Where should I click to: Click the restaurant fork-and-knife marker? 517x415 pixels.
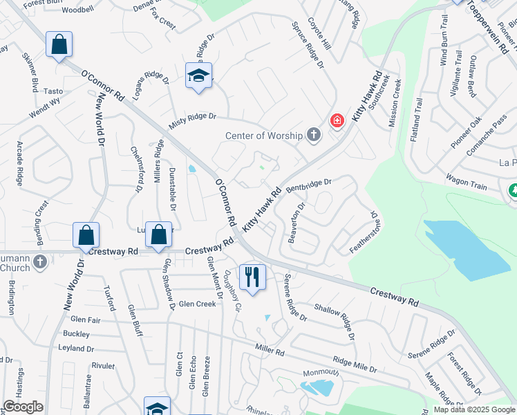(251, 277)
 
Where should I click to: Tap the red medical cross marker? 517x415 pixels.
(337, 121)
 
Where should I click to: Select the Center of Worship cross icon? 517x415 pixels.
(314, 134)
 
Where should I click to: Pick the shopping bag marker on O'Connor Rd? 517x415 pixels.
(59, 46)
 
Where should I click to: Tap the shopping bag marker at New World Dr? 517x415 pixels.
(86, 236)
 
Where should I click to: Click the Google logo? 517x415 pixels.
(23, 407)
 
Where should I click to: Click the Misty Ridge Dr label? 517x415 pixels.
(193, 121)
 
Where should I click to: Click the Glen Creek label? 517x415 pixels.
(197, 304)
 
